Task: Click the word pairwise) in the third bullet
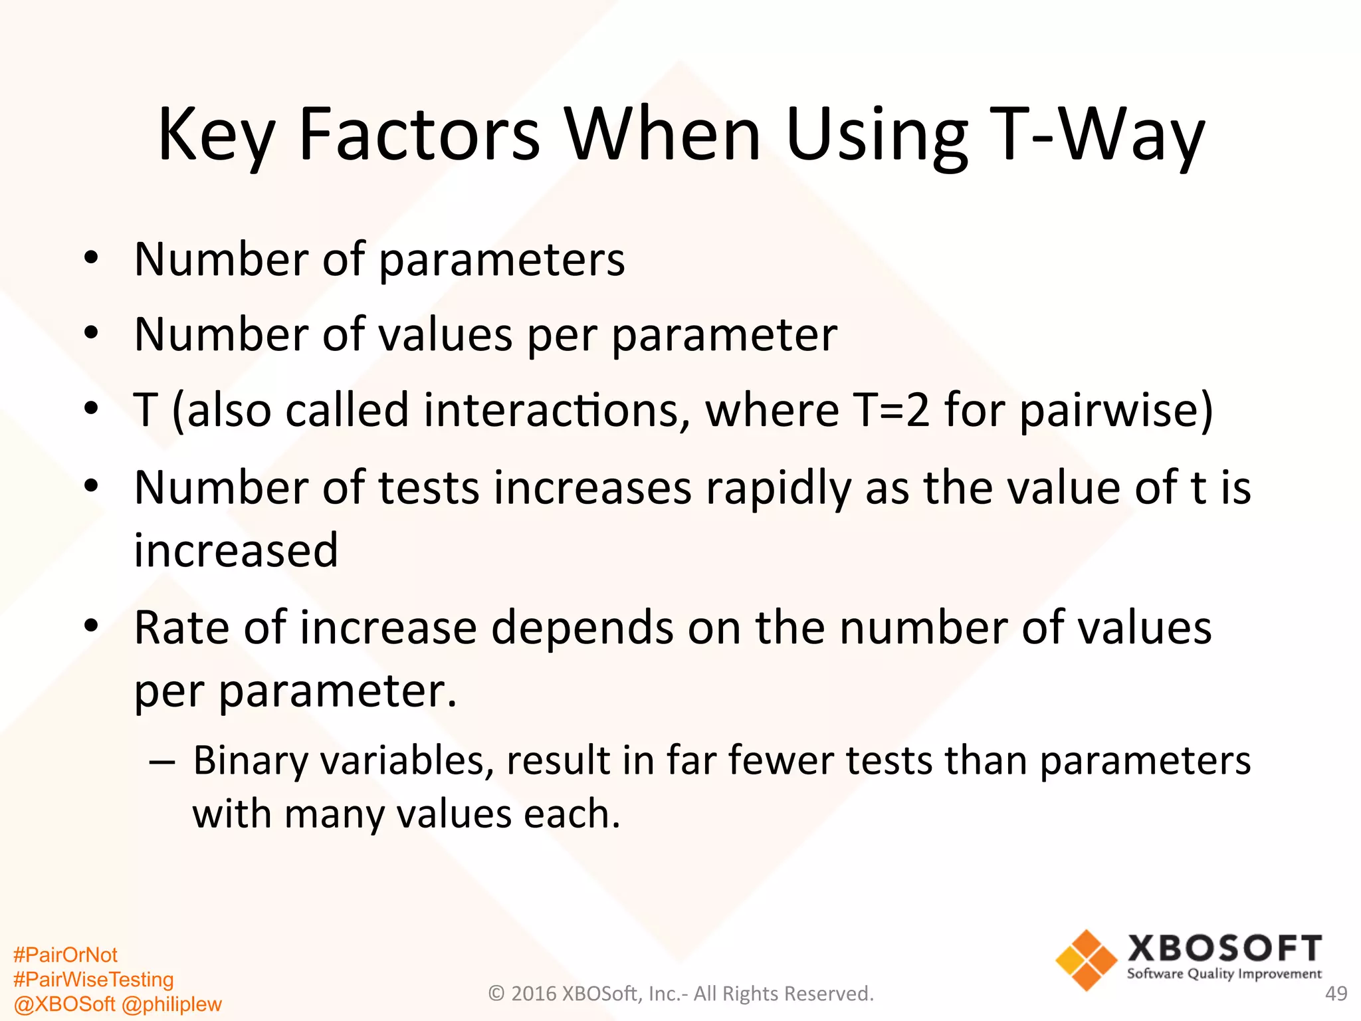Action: pos(1116,410)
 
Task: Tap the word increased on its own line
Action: pos(236,550)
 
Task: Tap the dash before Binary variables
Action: pos(162,762)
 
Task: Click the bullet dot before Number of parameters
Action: pos(91,258)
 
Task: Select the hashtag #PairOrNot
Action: pos(65,955)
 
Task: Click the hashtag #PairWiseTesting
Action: pos(93,979)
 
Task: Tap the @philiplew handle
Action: pos(171,1004)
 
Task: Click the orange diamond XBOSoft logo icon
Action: pos(1087,960)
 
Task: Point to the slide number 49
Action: pos(1336,993)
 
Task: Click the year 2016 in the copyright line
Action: pos(534,993)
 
